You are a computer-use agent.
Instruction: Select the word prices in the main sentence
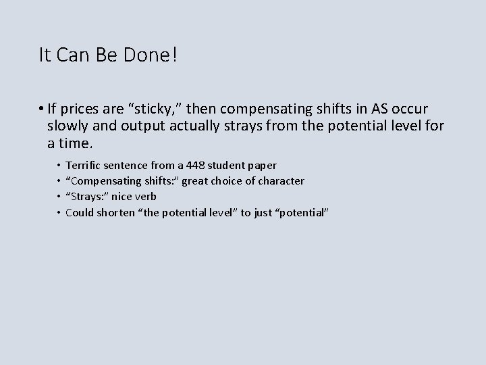pos(80,109)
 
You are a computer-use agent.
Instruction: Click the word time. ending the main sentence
pos(77,144)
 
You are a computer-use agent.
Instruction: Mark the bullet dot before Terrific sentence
pos(57,165)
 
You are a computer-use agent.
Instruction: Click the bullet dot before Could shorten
pos(57,212)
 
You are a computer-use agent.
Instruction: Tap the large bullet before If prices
pos(42,109)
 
